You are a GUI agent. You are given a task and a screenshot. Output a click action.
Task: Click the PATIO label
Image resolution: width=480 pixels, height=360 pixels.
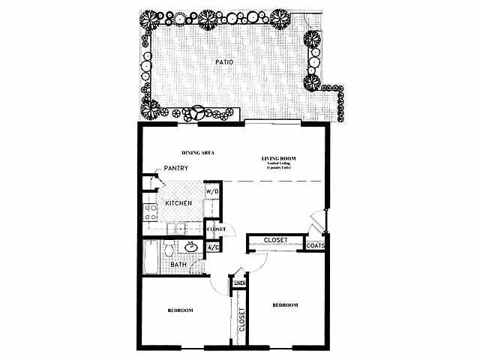pyautogui.click(x=223, y=62)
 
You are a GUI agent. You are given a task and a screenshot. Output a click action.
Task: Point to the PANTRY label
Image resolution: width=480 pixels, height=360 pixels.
pyautogui.click(x=175, y=168)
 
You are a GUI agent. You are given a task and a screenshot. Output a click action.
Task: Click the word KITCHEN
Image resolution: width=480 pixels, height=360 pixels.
pyautogui.click(x=178, y=203)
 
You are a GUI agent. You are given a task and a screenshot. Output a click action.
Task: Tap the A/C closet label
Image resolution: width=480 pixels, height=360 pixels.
pyautogui.click(x=212, y=247)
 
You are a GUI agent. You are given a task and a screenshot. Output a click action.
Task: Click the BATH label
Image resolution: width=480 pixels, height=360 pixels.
pyautogui.click(x=178, y=265)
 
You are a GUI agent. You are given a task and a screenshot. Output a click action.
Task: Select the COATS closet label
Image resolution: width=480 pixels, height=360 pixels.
pyautogui.click(x=314, y=244)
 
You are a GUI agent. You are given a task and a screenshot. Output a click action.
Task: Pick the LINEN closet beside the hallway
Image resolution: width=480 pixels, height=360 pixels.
pyautogui.click(x=239, y=282)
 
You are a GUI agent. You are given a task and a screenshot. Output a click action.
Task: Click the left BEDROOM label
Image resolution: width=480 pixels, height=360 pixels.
pyautogui.click(x=180, y=310)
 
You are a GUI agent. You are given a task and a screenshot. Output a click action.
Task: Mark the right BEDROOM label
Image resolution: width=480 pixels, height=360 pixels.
pyautogui.click(x=285, y=305)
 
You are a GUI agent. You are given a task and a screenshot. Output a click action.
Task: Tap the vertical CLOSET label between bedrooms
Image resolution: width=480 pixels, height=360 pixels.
pyautogui.click(x=242, y=321)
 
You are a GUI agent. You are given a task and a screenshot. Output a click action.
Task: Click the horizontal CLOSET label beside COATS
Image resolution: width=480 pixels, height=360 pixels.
pyautogui.click(x=275, y=241)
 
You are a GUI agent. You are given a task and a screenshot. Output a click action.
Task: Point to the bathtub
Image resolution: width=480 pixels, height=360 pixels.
pyautogui.click(x=149, y=259)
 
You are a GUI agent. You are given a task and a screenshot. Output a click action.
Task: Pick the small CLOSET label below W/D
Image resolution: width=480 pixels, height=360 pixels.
pyautogui.click(x=216, y=229)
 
